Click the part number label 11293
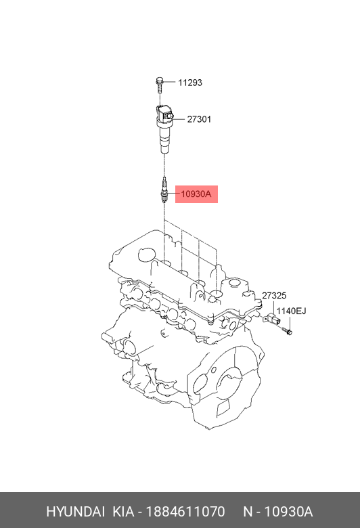tap(190, 83)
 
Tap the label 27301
tap(199, 119)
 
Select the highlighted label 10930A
tap(196, 194)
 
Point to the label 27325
tap(274, 295)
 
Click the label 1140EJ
tap(291, 311)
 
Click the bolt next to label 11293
tap(160, 85)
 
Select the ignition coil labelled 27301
tap(164, 129)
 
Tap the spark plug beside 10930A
tap(164, 190)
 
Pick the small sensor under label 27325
tap(272, 319)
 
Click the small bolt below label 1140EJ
tap(288, 332)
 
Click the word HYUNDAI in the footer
tap(75, 512)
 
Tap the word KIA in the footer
tap(123, 512)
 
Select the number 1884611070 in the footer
tap(185, 512)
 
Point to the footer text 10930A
tap(288, 512)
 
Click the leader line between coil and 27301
tap(179, 119)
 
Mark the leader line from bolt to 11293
tap(170, 82)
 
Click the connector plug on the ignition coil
tap(168, 116)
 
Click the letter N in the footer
tap(248, 512)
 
